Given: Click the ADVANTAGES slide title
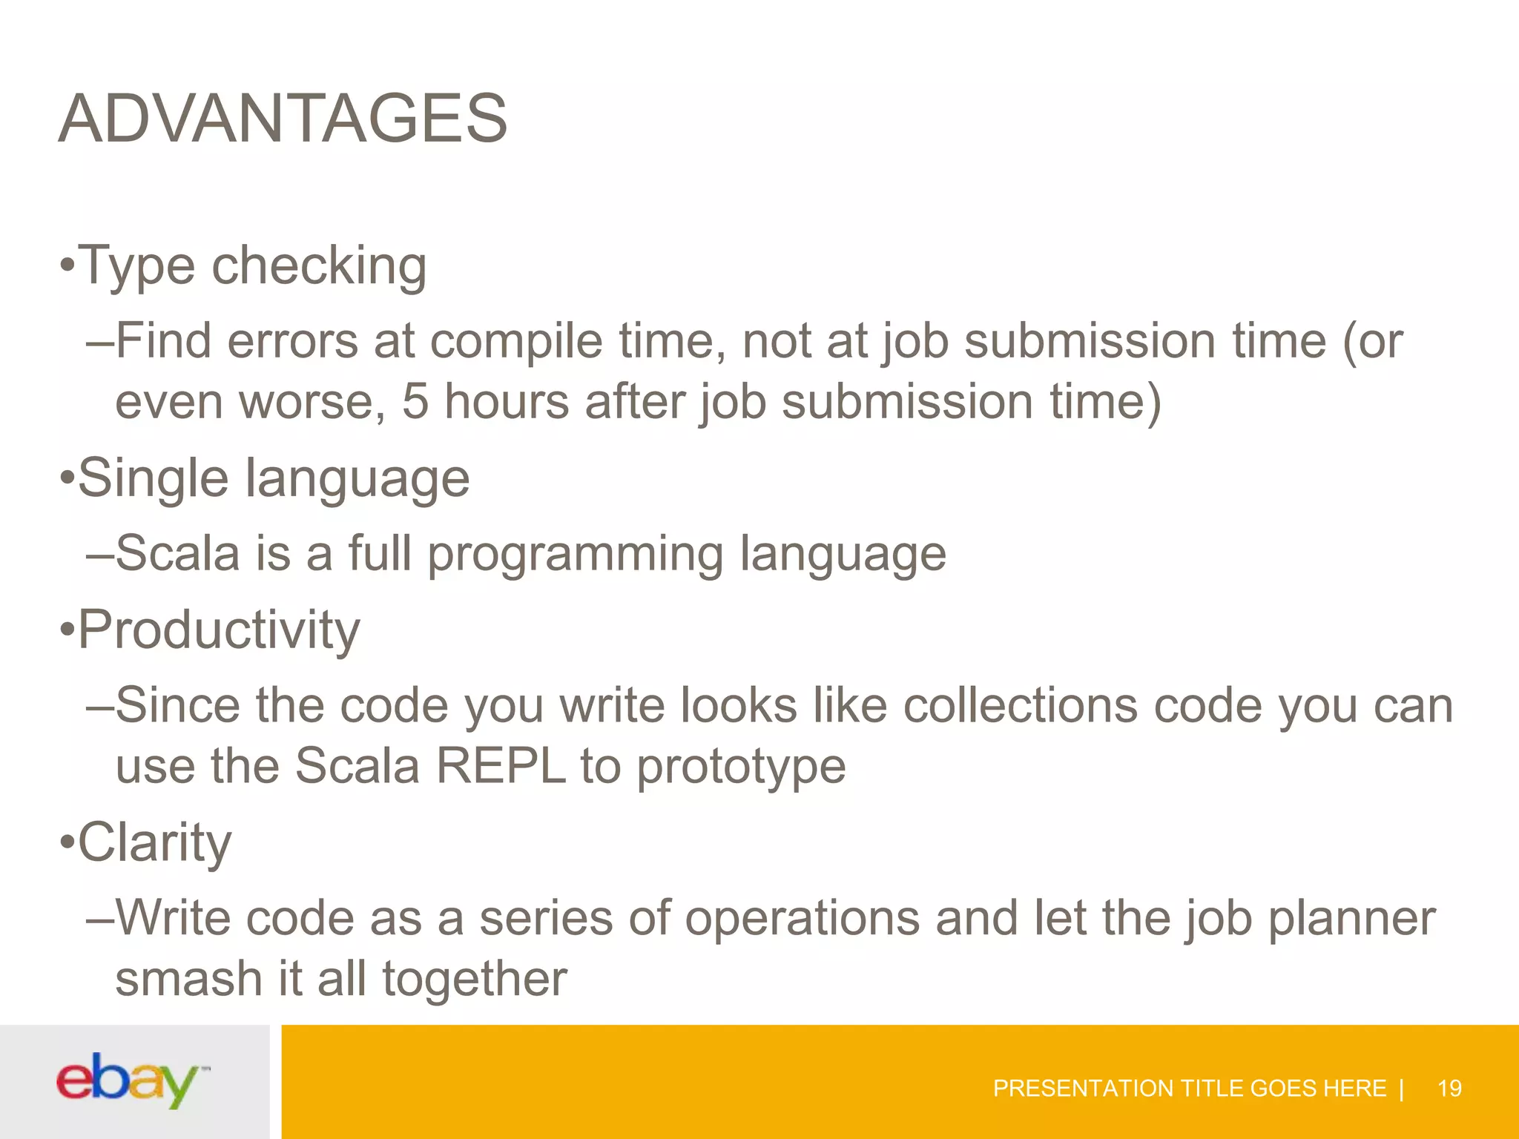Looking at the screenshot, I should tap(283, 119).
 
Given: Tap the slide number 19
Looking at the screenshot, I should tap(1449, 1089).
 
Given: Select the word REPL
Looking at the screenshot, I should tap(501, 765).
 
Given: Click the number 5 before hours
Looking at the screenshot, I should tap(415, 402).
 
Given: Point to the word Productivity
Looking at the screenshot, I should tap(219, 630).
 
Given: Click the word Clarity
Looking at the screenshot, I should tap(154, 843).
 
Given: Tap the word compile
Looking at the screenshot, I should tap(516, 343).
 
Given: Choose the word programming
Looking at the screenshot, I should tap(575, 555).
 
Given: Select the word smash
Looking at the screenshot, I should tap(188, 979).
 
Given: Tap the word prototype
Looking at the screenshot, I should tap(741, 767).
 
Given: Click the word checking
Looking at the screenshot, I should tap(319, 265).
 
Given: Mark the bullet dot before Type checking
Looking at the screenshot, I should tap(67, 265).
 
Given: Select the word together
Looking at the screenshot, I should tap(475, 979).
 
